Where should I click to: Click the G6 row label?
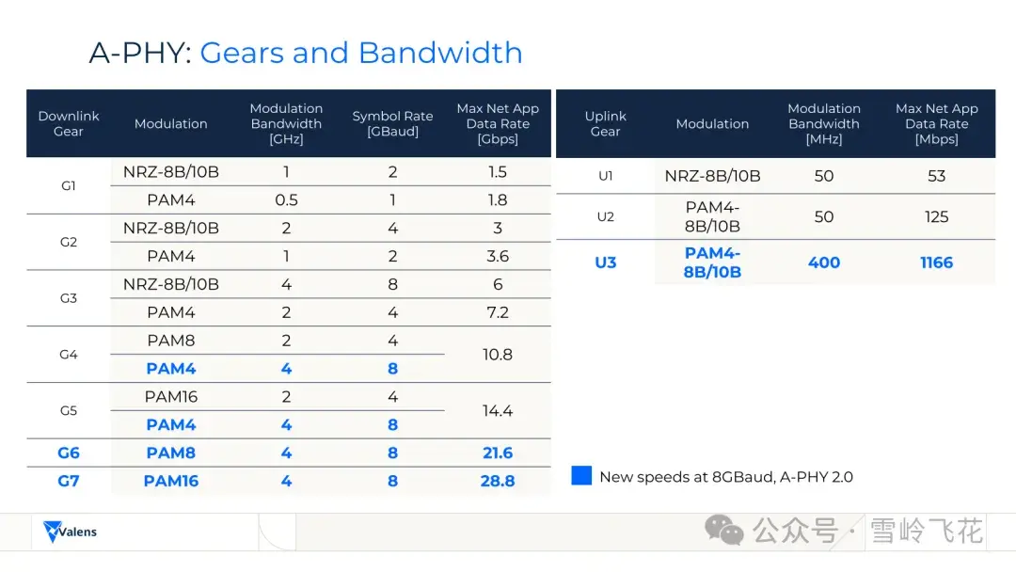69,453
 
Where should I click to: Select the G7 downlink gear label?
69,482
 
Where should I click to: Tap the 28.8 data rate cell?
498,482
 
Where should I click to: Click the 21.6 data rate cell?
498,453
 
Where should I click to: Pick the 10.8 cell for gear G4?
498,355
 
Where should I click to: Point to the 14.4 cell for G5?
498,411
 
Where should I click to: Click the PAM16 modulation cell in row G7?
170,482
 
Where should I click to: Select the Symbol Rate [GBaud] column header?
392,123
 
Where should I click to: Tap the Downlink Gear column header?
69,123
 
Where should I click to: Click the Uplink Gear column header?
605,123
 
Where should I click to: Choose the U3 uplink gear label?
605,262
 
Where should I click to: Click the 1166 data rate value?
936,262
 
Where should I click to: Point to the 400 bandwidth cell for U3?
824,262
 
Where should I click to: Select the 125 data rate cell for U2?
936,217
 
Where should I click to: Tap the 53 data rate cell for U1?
936,176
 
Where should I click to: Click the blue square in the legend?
581,476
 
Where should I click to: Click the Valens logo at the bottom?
71,532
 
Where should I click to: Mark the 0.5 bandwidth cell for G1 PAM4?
286,200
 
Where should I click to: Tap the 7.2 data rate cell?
498,312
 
